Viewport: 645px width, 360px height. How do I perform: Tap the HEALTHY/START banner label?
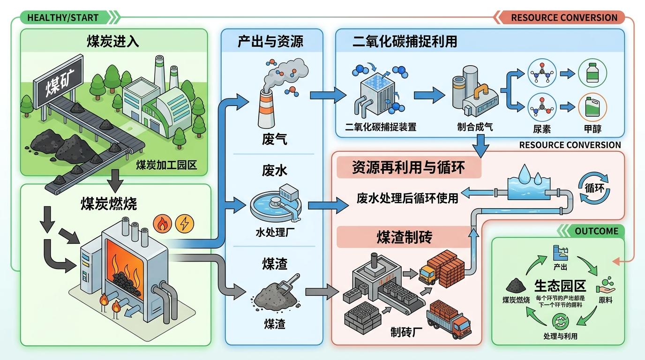coord(63,18)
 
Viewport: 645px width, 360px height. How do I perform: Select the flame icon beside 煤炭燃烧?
coord(163,224)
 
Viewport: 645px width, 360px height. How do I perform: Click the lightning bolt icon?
coord(184,224)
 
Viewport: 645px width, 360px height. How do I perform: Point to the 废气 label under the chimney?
coord(274,139)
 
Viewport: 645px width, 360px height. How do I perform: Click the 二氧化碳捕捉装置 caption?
coord(381,127)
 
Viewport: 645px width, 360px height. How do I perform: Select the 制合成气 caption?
coord(475,127)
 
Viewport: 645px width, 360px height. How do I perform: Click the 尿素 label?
coord(542,128)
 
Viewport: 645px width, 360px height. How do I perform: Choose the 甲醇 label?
coord(592,128)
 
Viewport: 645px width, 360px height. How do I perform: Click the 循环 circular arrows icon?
coord(594,188)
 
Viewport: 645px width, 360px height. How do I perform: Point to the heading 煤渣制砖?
coord(404,238)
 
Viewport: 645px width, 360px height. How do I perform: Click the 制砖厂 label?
coord(406,332)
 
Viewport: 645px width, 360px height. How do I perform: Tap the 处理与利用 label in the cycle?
coord(560,336)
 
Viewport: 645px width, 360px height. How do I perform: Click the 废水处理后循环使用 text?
coord(407,198)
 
